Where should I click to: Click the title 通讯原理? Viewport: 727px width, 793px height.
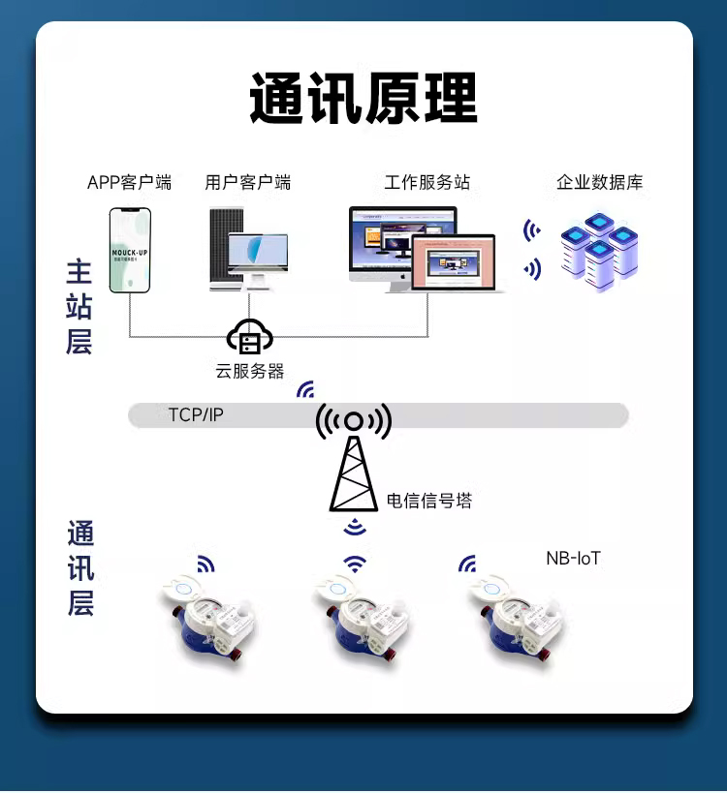(363, 98)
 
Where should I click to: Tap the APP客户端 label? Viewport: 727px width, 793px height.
(129, 182)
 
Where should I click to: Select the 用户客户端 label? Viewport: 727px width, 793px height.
(247, 182)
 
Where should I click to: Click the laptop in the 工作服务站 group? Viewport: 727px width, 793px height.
(453, 262)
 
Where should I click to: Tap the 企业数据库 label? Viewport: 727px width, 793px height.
(599, 182)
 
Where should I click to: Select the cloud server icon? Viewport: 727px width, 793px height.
(249, 337)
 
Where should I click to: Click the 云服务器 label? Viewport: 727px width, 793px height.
(249, 371)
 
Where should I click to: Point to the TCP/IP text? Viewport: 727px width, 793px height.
(195, 414)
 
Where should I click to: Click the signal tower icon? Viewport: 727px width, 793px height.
(354, 460)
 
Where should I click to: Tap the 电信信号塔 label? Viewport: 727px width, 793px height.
(428, 501)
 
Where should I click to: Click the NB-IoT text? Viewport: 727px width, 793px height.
(573, 559)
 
